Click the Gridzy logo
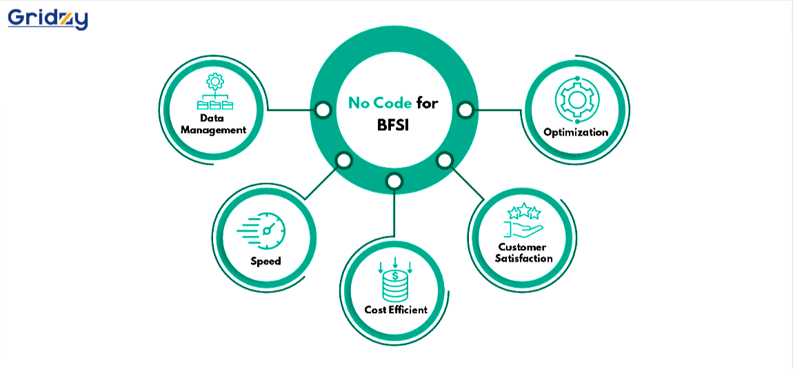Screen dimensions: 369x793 [48, 19]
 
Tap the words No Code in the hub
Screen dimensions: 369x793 [380, 103]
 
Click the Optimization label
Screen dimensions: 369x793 [576, 132]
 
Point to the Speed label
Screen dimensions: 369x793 [265, 261]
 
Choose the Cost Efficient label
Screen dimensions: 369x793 [396, 310]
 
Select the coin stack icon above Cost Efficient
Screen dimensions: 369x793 [395, 279]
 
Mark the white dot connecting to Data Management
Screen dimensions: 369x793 [322, 109]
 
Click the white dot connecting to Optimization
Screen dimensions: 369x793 [465, 109]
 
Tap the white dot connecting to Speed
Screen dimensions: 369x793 [343, 161]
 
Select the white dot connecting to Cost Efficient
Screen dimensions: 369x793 [394, 181]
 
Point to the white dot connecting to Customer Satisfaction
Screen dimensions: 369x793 [445, 161]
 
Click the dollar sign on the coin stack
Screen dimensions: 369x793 [395, 277]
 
